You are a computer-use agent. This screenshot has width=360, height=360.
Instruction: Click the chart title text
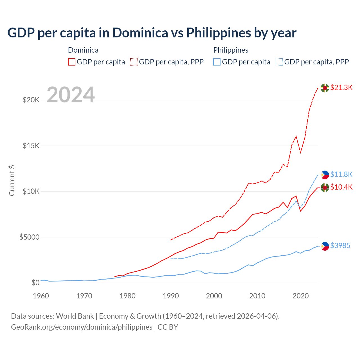(x=152, y=33)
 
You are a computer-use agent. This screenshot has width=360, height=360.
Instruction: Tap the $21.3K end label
(x=341, y=87)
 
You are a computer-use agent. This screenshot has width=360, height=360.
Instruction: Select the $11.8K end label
(x=341, y=174)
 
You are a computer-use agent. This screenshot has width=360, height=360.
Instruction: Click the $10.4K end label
(x=341, y=187)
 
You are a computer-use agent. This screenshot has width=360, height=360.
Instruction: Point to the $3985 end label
(x=340, y=246)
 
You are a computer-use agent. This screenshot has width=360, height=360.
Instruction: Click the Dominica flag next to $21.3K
(x=325, y=88)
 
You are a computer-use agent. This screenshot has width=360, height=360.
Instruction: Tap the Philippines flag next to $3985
(x=325, y=246)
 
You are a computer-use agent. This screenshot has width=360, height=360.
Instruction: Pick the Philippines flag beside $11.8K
(x=325, y=175)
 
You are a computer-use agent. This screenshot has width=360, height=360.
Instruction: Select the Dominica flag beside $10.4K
(x=325, y=188)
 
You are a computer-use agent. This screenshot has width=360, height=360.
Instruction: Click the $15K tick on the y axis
(x=31, y=146)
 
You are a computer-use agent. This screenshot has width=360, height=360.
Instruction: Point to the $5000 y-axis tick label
(x=29, y=237)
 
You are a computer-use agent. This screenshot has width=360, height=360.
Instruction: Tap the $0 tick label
(x=35, y=283)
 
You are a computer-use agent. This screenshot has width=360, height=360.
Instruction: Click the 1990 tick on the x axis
(x=171, y=296)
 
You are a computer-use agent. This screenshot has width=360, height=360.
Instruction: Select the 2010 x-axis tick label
(x=257, y=296)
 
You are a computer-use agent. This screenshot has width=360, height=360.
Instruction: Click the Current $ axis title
(x=12, y=181)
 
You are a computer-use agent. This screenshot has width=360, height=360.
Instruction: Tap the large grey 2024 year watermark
(x=71, y=95)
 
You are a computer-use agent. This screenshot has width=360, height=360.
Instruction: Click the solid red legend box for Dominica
(x=72, y=62)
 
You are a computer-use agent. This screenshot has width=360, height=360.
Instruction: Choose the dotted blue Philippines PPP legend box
(x=279, y=62)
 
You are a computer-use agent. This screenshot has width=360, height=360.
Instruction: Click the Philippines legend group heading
(x=231, y=50)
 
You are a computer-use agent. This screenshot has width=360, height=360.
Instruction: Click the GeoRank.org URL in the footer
(x=82, y=327)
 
